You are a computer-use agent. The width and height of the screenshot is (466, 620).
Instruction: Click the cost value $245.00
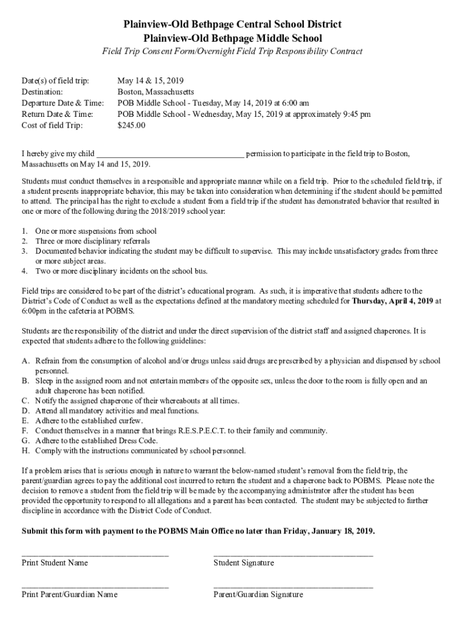pos(131,126)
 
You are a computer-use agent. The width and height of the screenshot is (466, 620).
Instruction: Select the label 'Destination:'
pos(42,92)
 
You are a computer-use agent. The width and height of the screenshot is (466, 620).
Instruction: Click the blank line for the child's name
pos(171,154)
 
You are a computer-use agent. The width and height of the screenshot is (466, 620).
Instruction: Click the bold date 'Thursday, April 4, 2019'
pos(392,300)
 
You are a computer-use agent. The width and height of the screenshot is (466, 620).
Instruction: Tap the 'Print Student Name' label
pos(54,563)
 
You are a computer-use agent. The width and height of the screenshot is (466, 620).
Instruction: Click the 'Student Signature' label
pos(243,563)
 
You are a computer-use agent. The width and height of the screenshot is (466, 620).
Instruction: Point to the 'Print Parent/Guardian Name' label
pos(70,595)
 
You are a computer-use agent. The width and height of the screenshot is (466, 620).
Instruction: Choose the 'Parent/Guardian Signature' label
pos(258,595)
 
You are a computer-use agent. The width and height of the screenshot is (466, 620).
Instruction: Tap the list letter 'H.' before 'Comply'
pos(25,451)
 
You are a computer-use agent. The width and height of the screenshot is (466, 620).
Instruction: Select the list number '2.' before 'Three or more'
pos(25,241)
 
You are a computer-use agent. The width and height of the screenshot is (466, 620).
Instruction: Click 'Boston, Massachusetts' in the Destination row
pos(156,92)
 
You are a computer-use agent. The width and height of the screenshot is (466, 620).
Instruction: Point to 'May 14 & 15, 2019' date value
pos(150,81)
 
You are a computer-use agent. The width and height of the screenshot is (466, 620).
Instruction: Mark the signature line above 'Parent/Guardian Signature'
pos(293,586)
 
